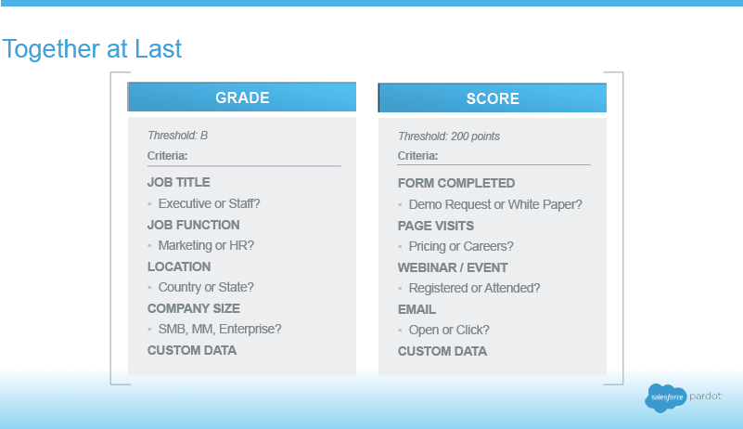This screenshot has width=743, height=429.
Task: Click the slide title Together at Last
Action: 92,49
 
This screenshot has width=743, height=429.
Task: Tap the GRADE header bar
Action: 242,97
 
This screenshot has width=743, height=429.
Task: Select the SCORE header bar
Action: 493,97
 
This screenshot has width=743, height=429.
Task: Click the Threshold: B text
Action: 178,136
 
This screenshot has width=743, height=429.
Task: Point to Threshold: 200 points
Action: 449,136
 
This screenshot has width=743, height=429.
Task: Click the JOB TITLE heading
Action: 179,182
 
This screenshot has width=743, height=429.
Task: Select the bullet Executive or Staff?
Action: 209,203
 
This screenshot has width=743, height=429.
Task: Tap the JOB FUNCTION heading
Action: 193,225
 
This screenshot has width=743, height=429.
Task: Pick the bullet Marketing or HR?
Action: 206,245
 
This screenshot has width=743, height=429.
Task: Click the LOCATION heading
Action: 179,266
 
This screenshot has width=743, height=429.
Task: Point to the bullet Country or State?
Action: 206,287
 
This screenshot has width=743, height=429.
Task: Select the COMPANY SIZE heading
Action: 194,308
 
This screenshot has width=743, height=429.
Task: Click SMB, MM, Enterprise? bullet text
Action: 220,329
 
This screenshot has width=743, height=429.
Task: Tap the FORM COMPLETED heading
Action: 456,183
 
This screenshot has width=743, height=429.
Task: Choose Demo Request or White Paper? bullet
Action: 495,204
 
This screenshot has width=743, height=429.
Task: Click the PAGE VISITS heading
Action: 436,226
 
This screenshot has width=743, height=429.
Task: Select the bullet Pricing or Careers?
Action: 461,246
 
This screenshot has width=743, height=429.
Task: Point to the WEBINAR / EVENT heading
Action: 453,267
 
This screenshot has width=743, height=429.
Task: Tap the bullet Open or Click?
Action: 449,330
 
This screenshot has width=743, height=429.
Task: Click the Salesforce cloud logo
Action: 666,397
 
